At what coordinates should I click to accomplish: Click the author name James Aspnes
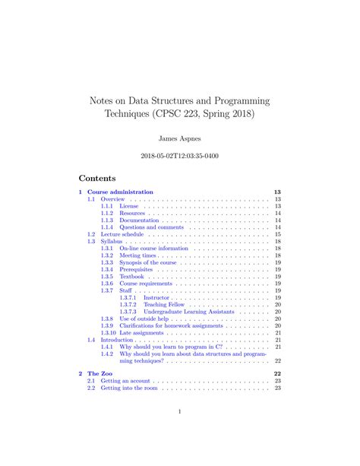point(179,139)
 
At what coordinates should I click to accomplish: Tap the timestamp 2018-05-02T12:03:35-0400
point(179,157)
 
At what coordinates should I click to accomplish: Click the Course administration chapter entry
point(120,193)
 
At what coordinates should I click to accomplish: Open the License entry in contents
point(130,206)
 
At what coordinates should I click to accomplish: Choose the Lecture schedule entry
point(121,235)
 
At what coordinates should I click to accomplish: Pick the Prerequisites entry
point(137,269)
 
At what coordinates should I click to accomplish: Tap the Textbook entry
point(131,277)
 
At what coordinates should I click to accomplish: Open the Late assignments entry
point(142,333)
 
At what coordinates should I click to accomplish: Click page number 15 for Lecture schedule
point(278,235)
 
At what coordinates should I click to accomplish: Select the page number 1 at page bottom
point(179,413)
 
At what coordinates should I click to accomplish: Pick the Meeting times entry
point(137,255)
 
